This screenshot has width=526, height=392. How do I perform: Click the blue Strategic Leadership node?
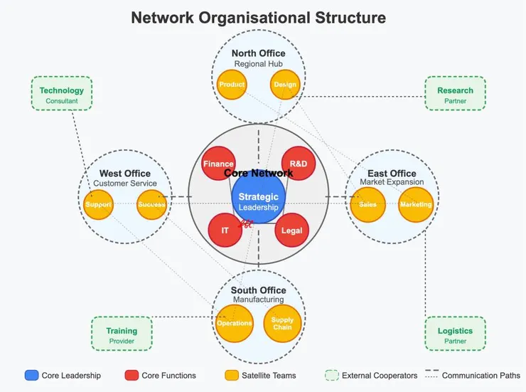click(259, 201)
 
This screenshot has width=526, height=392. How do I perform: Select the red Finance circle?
click(218, 164)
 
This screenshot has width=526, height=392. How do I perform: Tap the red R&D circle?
click(299, 164)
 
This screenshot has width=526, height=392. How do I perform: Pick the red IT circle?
click(225, 231)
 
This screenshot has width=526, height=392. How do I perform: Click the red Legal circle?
click(291, 231)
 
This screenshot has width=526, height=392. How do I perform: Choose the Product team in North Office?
click(232, 85)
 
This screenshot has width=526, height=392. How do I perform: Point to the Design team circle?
click(285, 85)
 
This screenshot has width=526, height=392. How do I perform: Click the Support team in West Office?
click(98, 205)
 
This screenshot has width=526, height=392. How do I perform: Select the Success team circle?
click(151, 205)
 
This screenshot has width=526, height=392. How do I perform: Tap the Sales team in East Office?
click(367, 205)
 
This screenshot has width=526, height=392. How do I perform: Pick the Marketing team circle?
click(416, 205)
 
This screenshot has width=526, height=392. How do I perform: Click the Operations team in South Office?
click(234, 323)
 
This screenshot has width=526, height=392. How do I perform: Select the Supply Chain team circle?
click(282, 324)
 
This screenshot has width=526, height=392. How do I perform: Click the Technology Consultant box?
click(62, 95)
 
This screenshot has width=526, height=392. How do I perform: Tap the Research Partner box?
click(455, 95)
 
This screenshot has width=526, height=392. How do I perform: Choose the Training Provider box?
click(122, 334)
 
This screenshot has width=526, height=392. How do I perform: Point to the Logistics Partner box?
click(455, 334)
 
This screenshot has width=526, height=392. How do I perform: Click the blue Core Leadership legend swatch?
click(31, 375)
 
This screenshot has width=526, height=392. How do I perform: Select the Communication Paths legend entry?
click(472, 375)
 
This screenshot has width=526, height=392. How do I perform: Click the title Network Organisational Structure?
click(259, 18)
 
